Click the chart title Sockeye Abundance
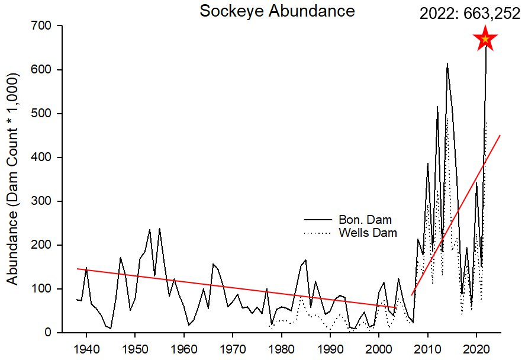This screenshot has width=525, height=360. (x=277, y=11)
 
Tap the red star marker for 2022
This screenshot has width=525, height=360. (x=485, y=39)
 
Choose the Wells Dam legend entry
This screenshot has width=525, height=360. (x=368, y=233)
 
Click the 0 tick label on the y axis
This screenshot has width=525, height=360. (x=49, y=333)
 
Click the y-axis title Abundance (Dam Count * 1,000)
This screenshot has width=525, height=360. (x=13, y=179)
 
